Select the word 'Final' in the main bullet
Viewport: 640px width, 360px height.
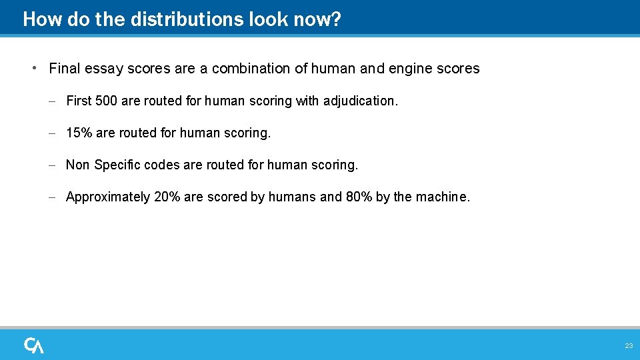pos(64,69)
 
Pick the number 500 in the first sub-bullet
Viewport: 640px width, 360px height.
pos(107,101)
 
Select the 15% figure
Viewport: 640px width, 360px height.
pos(79,133)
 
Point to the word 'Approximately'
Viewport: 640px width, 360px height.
pos(108,197)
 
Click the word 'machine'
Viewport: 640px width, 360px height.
pos(441,197)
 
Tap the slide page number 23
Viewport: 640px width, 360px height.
pos(629,346)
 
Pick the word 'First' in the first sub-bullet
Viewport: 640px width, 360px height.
pos(79,101)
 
